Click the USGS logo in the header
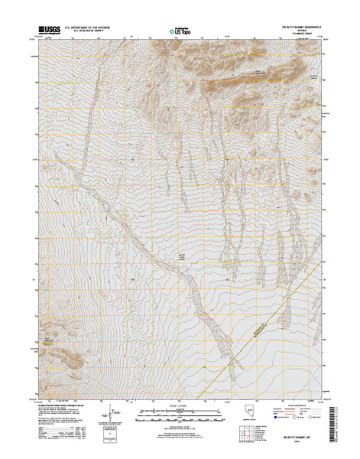45,33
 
